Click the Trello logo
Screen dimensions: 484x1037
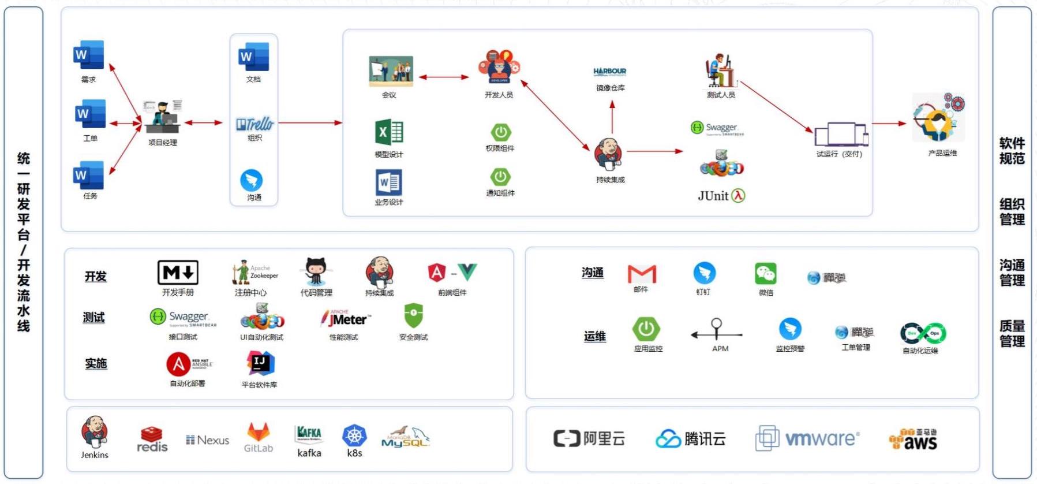(x=254, y=124)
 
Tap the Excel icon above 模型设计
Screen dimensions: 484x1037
(x=389, y=132)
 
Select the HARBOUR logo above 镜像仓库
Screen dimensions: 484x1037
(x=609, y=72)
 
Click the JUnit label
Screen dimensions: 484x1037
(x=713, y=196)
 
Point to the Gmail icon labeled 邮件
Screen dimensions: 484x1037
(x=642, y=274)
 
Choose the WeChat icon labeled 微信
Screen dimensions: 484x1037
(x=765, y=274)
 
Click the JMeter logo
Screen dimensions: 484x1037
(x=347, y=319)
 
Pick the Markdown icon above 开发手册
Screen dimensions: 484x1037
(x=178, y=272)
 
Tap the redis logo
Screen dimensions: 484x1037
(x=152, y=440)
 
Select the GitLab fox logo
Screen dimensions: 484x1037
(x=258, y=433)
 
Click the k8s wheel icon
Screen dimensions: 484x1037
(x=354, y=435)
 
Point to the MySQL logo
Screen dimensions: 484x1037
(x=405, y=438)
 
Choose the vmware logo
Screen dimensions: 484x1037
(x=807, y=439)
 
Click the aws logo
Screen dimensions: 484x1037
(x=914, y=440)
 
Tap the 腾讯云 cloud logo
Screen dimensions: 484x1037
(x=668, y=439)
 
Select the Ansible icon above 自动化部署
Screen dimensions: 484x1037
(x=178, y=364)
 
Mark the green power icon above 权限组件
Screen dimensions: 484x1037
(x=500, y=132)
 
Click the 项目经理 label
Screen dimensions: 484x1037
(x=163, y=142)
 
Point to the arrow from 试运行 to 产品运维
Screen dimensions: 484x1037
(x=889, y=123)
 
